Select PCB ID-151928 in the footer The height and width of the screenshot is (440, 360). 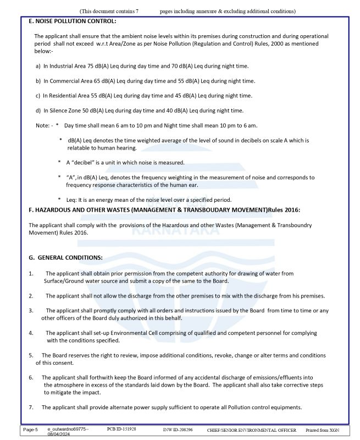121,429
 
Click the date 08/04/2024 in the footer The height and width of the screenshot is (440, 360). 60,434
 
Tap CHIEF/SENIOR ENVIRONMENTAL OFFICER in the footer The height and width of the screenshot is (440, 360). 251,430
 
